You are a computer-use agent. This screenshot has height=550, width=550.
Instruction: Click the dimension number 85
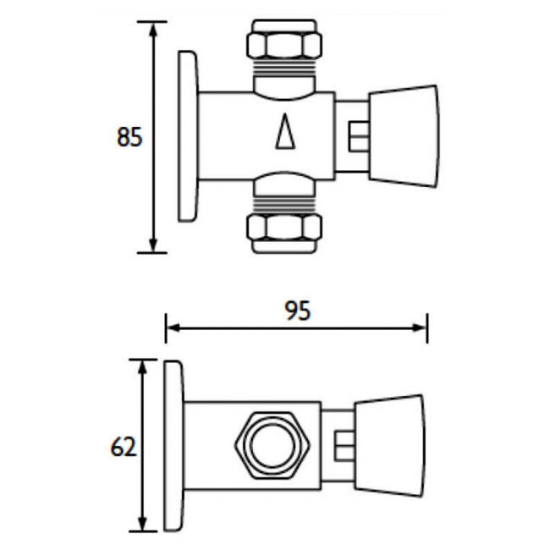129,137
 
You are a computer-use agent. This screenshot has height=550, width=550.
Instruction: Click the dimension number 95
296,311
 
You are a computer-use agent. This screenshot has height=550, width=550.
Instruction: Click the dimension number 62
124,446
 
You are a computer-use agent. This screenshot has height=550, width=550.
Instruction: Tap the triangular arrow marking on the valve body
285,133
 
